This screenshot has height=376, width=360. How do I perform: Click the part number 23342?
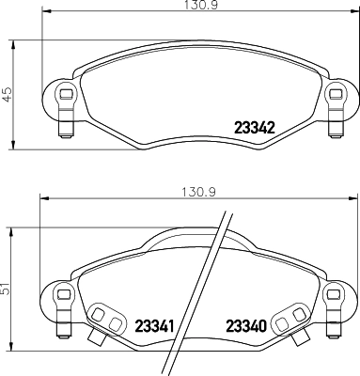(253, 129)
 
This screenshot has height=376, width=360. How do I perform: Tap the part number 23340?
(248, 326)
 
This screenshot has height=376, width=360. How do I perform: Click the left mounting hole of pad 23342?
(64, 95)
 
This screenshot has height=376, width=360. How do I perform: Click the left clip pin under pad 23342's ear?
(65, 121)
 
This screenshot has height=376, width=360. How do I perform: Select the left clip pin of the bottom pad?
(65, 330)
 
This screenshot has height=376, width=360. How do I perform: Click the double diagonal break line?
(203, 291)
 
